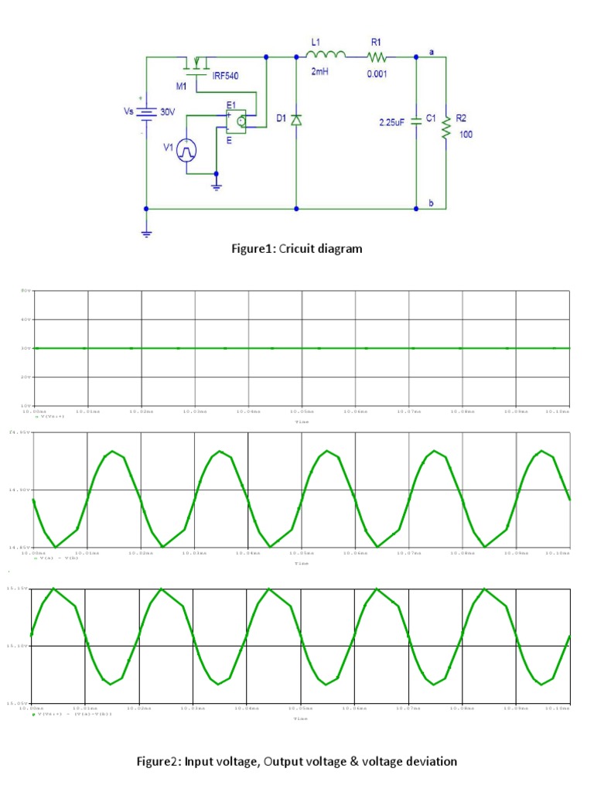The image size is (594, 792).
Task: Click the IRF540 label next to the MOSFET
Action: (x=227, y=75)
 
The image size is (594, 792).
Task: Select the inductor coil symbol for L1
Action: (x=326, y=54)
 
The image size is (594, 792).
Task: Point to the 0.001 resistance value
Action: (x=378, y=73)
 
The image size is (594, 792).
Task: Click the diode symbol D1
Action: (x=296, y=120)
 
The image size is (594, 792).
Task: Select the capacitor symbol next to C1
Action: (x=416, y=120)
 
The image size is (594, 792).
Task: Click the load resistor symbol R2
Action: (x=446, y=128)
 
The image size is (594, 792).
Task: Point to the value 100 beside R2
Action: (x=466, y=135)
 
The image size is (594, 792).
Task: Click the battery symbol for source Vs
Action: (x=146, y=111)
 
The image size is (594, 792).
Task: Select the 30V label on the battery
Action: (x=168, y=111)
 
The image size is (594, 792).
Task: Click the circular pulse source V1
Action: (x=186, y=151)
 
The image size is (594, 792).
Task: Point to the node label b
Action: (x=432, y=203)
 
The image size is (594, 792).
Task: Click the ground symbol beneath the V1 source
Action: (x=217, y=185)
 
